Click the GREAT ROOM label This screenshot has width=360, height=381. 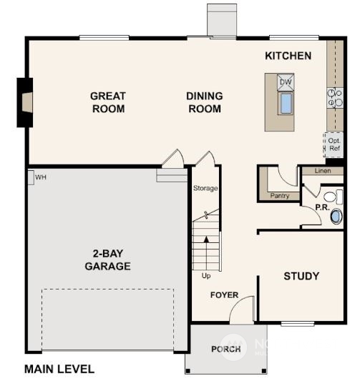coord(108,102)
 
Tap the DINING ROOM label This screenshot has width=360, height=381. coord(204,102)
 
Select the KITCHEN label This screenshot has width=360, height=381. coord(288,56)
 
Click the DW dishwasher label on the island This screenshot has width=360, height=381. coord(286,82)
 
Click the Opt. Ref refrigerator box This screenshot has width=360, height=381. coord(334,144)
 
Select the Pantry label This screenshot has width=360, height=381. coord(279,195)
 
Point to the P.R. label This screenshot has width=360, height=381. coord(321,208)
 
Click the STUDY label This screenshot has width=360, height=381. coord(301,276)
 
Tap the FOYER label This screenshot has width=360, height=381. coord(223,295)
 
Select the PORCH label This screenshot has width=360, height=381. coord(225,349)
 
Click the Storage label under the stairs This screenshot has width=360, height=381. coord(205,189)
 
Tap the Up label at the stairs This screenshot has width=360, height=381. coord(206,275)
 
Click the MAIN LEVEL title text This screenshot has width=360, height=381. coord(59,369)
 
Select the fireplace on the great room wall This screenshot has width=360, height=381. coord(25,102)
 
